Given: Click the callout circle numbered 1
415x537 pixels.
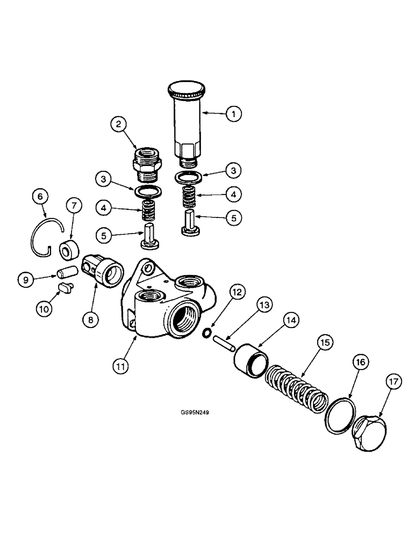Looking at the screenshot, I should [233, 114].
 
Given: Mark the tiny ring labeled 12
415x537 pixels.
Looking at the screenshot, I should [206, 333].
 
